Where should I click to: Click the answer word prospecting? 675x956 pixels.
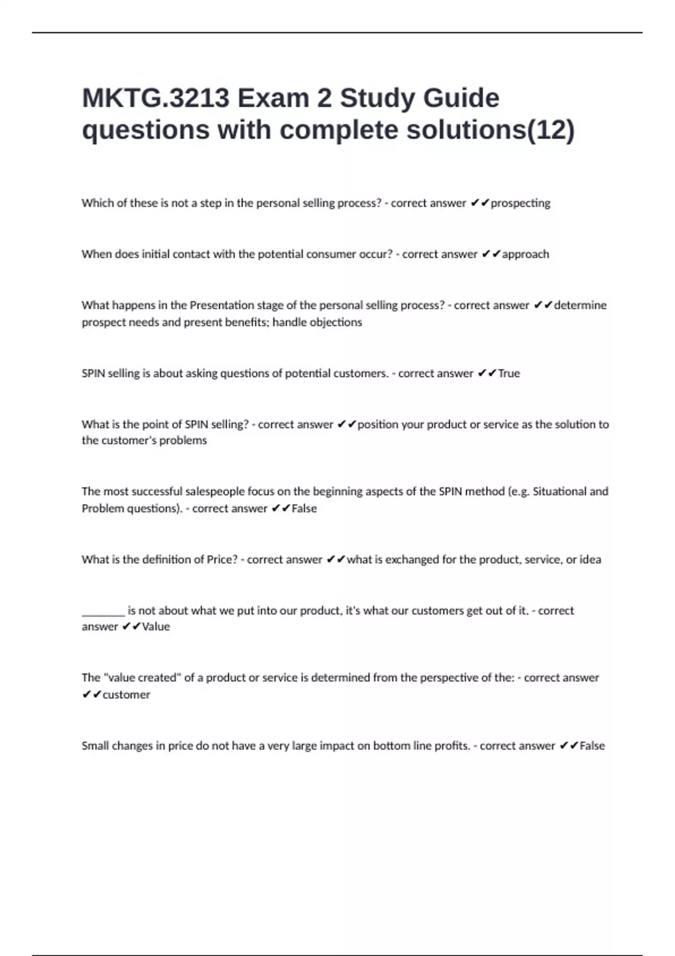tap(520, 203)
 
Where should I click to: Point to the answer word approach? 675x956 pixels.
tap(525, 254)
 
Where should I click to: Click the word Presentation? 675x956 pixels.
tap(222, 305)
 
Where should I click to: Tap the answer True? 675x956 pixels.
tap(509, 373)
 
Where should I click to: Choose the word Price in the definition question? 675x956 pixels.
tap(222, 560)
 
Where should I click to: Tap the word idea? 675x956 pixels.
tap(590, 560)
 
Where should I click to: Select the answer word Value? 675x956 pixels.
tap(156, 626)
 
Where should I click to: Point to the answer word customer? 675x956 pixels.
tap(127, 695)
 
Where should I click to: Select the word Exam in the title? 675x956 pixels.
tap(272, 98)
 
